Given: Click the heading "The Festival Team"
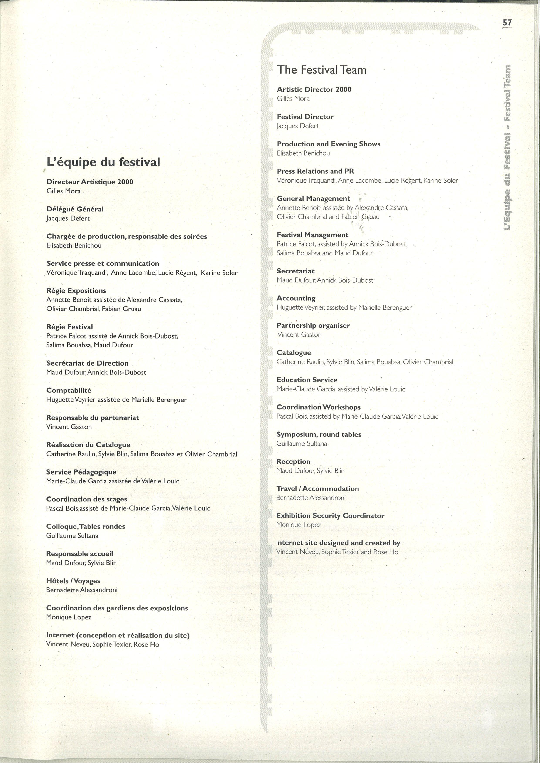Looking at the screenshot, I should [x=322, y=69].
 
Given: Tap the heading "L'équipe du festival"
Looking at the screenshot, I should [x=103, y=162].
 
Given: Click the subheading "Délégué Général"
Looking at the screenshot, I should [x=75, y=209].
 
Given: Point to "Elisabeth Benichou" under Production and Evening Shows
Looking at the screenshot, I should [x=303, y=153].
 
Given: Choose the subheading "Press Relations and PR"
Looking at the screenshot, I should [x=315, y=171].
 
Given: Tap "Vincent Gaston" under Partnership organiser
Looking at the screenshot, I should [x=299, y=335].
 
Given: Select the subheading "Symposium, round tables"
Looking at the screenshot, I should [x=319, y=434].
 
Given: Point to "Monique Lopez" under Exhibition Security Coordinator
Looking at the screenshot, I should [x=298, y=525].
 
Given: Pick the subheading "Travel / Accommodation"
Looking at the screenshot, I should [x=317, y=488].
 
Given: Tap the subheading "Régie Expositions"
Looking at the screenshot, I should [x=76, y=290].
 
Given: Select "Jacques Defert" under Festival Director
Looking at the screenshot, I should [x=298, y=126].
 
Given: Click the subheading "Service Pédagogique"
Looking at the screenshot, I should [x=81, y=472].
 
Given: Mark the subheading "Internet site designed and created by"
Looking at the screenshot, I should [x=338, y=543].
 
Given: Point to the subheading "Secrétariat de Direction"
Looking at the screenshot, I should [x=87, y=363].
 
